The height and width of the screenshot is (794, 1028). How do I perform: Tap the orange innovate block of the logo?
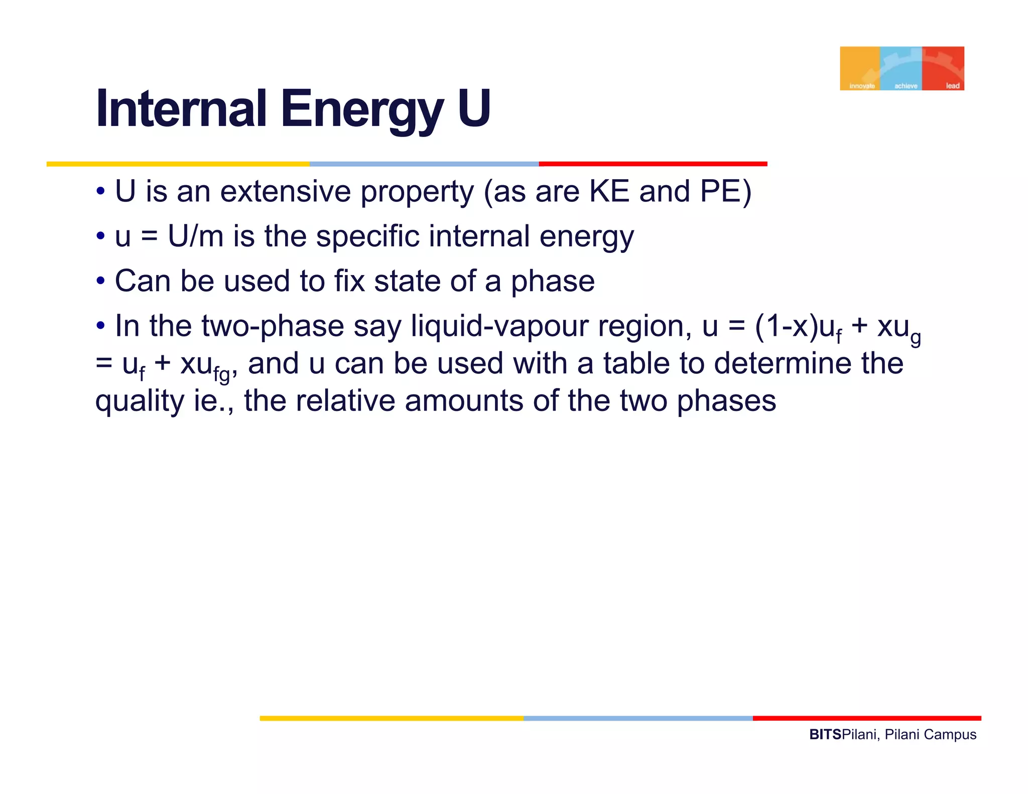pyautogui.click(x=860, y=68)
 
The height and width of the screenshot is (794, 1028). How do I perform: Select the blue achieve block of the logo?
pyautogui.click(x=901, y=68)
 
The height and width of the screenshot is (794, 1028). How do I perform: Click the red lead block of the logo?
pyautogui.click(x=943, y=68)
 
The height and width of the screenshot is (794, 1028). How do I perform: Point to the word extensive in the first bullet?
pyautogui.click(x=285, y=192)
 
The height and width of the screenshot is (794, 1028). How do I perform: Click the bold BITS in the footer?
pyautogui.click(x=825, y=735)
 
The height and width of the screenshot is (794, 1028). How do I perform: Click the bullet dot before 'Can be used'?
pyautogui.click(x=101, y=281)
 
